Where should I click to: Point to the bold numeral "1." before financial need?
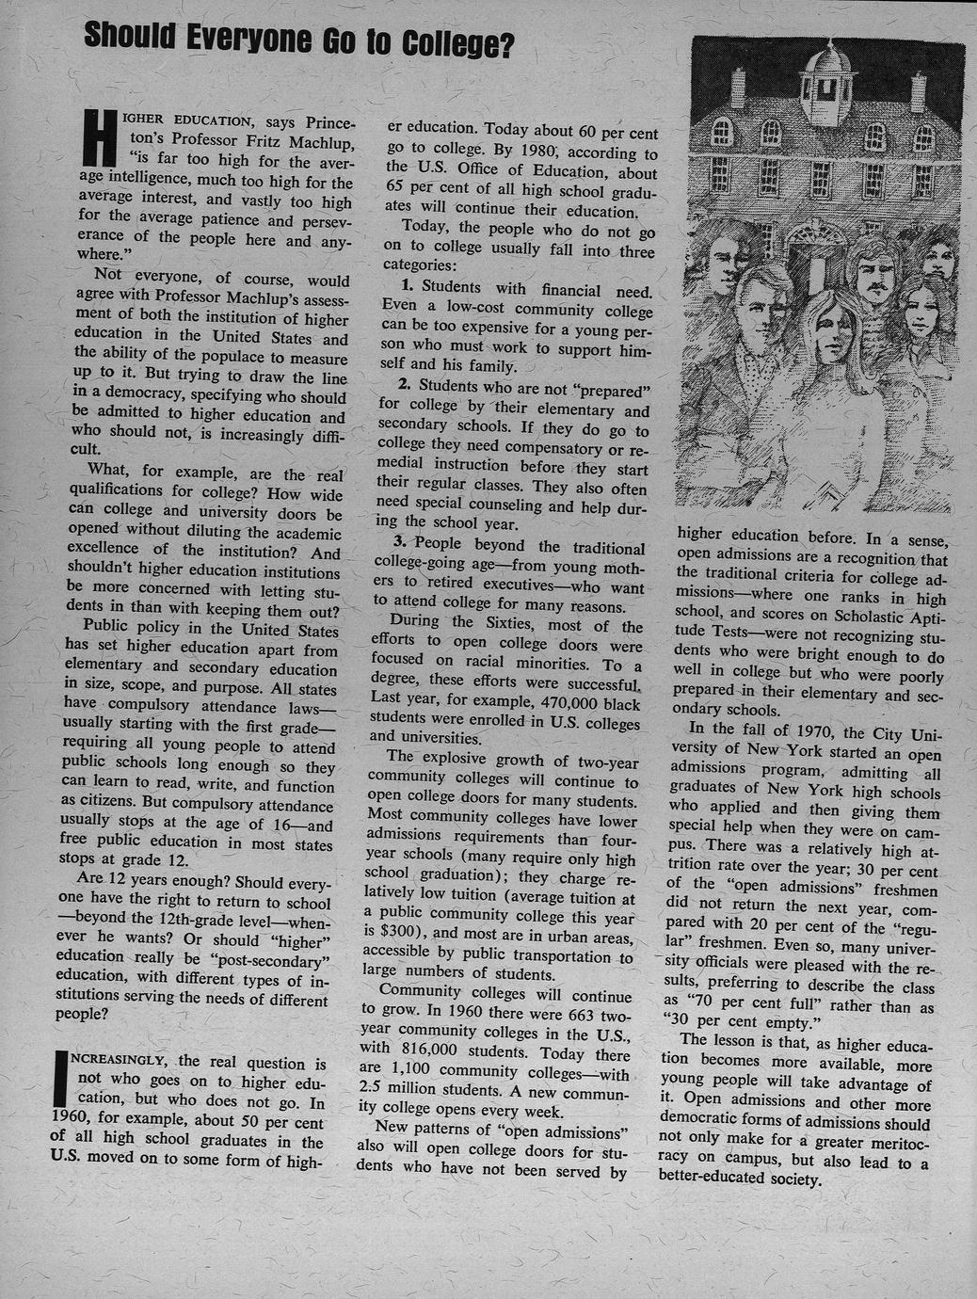pos(408,286)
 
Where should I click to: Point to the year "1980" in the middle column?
pos(540,151)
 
